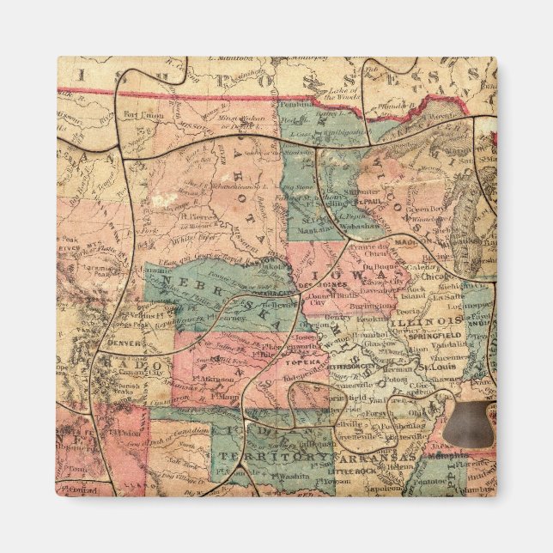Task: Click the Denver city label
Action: (121, 343)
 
